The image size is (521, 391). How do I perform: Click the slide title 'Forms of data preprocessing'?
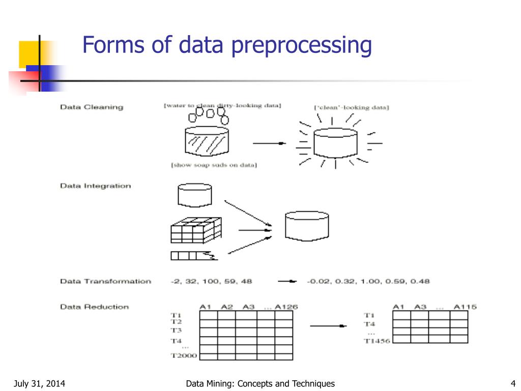click(x=227, y=45)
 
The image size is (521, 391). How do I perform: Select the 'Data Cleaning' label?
click(x=92, y=107)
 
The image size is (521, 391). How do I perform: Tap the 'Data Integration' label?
click(x=95, y=186)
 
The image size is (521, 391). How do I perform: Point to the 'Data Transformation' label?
click(x=105, y=281)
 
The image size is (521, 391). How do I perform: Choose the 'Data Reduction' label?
click(x=94, y=306)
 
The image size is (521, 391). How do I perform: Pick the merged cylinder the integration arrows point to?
click(x=307, y=226)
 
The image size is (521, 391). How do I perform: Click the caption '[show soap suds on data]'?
click(x=214, y=165)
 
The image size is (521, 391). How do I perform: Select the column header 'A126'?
click(x=286, y=306)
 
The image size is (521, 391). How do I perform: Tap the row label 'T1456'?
click(x=377, y=341)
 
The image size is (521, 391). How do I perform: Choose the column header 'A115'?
click(x=465, y=306)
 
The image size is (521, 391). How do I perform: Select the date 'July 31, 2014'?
click(x=39, y=383)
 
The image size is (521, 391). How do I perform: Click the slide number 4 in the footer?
click(x=513, y=383)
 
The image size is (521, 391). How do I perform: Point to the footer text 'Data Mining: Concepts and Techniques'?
click(x=260, y=383)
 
